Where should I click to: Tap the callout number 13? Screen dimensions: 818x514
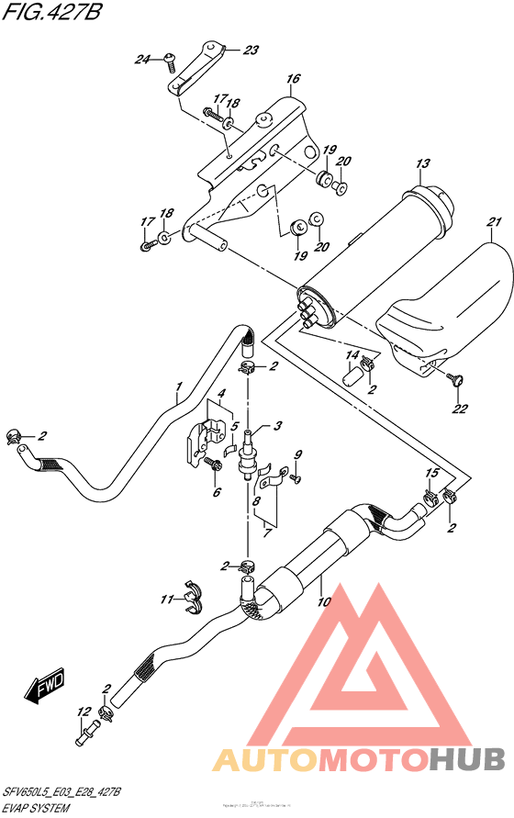[x=422, y=164]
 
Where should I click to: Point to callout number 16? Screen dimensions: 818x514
[x=293, y=80]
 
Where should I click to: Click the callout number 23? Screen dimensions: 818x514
[x=251, y=50]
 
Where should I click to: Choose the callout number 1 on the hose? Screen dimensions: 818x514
[x=180, y=387]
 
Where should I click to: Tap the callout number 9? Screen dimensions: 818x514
[x=297, y=455]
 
